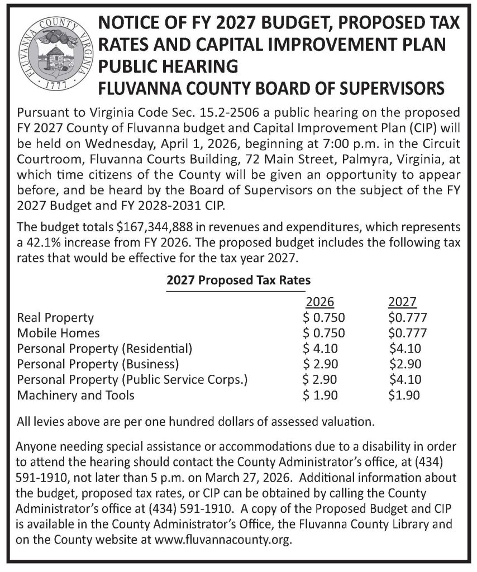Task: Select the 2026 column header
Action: tap(320, 302)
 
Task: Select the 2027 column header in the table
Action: tap(402, 302)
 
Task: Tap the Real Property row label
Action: tap(56, 318)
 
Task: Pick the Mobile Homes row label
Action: tap(59, 333)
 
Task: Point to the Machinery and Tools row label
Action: tap(76, 396)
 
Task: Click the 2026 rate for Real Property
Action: tap(324, 318)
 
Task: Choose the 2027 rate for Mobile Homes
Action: tap(408, 333)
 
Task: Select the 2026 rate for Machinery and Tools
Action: tap(321, 396)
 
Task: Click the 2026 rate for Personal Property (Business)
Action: tap(321, 365)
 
